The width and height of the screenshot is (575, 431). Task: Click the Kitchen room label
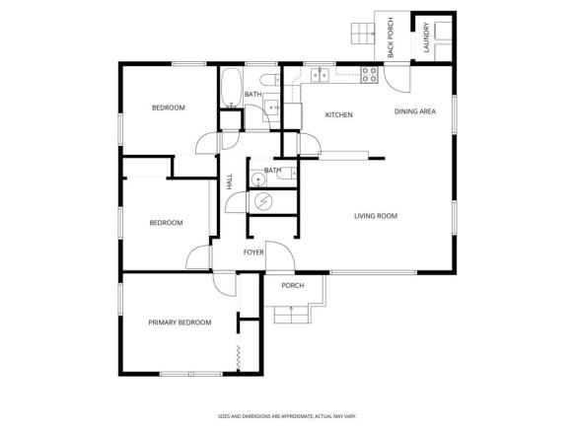point(339,114)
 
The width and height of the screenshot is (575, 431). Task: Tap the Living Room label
point(376,216)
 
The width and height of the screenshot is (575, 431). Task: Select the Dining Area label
point(415,111)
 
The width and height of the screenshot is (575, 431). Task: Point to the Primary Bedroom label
point(180,323)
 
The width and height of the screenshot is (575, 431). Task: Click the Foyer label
point(253,252)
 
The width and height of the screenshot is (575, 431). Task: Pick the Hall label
point(230,181)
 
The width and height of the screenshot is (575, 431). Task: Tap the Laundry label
point(426,37)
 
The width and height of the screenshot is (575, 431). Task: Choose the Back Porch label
point(391,37)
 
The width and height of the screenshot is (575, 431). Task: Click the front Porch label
point(293,285)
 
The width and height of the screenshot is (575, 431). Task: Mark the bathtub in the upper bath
point(232,88)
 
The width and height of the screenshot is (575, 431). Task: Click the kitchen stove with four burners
point(369,74)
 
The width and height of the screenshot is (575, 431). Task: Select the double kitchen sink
point(321,74)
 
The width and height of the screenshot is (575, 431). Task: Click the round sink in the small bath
point(258,180)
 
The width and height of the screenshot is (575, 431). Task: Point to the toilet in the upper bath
point(269,80)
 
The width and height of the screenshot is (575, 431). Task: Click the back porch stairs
point(363,34)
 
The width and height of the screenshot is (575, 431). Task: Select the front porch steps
point(293,315)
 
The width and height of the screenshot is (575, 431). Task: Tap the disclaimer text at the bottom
point(287,416)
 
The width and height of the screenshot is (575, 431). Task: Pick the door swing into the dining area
point(397,79)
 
